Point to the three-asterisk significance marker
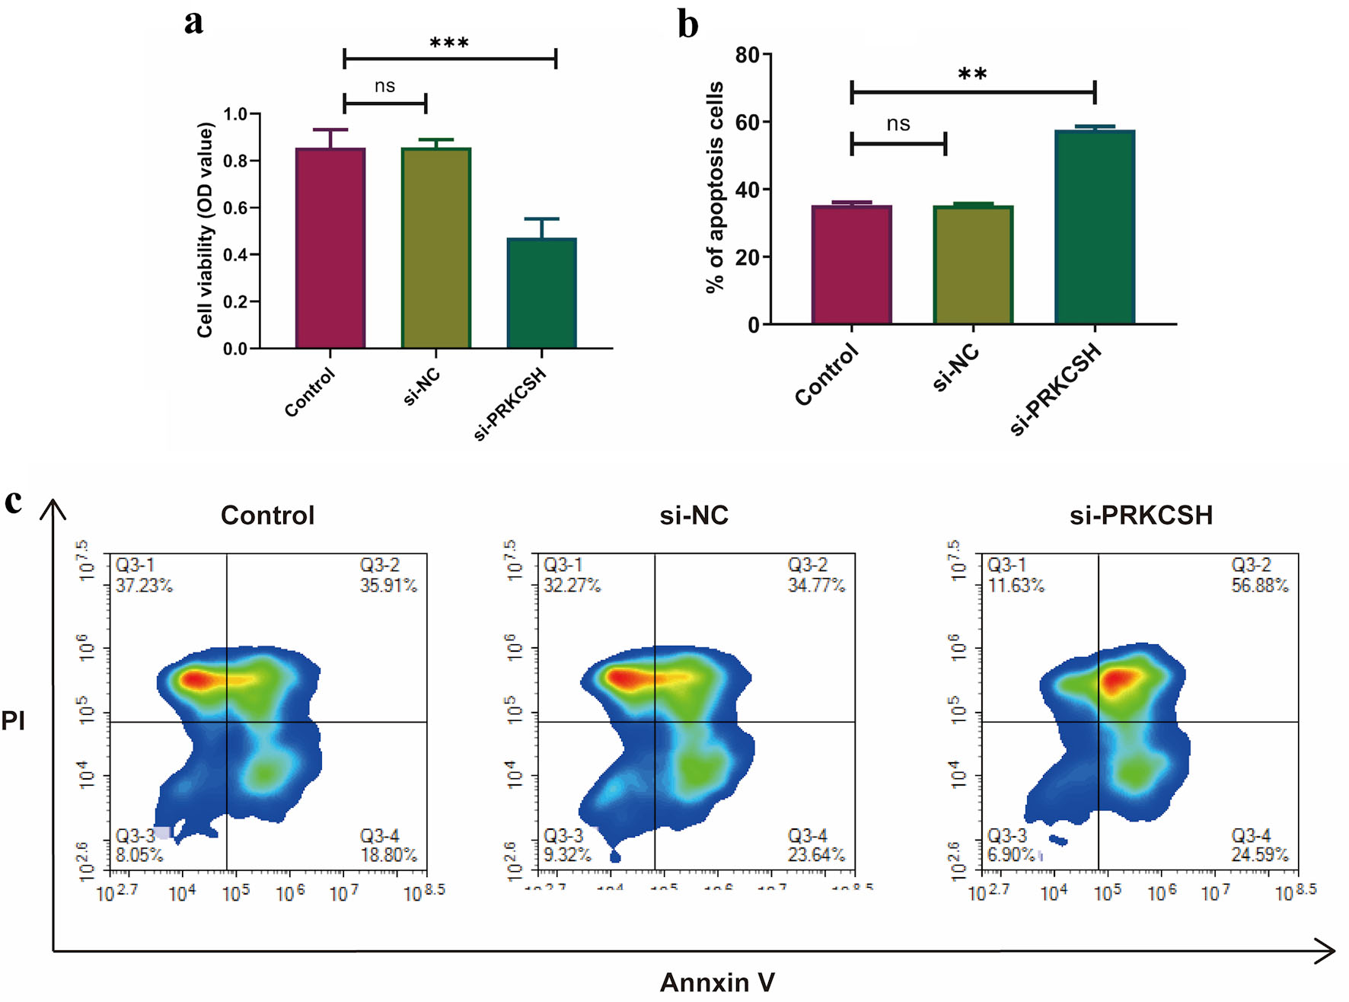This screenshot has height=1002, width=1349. coord(449,43)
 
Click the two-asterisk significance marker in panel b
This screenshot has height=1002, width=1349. coord(972,75)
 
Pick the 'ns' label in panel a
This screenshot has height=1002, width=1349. coord(384,86)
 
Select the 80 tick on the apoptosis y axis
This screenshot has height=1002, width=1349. coord(747,55)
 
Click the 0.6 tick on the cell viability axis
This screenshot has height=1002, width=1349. coord(235,208)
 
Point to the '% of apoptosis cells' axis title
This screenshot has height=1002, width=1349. coord(715,187)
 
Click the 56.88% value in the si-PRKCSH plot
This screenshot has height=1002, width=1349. coord(1260,586)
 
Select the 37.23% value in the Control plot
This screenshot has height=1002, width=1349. coord(144,586)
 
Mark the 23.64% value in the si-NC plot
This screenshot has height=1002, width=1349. coord(816,855)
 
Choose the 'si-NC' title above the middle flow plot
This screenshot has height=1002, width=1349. coord(694,515)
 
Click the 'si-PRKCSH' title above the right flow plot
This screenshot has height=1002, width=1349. coord(1140,515)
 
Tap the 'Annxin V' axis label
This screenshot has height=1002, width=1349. coord(717,982)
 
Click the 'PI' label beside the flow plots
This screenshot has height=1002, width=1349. coord(13,720)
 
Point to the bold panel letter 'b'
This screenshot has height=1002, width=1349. coord(687,24)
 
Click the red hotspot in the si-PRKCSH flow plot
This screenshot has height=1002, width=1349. coord(1116,679)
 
